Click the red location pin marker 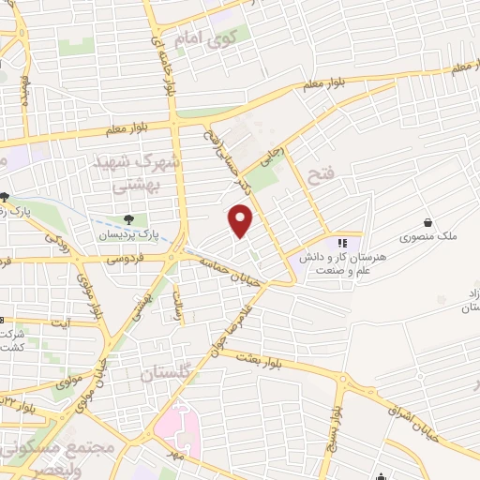(x=241, y=220)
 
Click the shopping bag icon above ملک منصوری (x=428, y=223)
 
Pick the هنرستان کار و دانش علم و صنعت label (x=330, y=262)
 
